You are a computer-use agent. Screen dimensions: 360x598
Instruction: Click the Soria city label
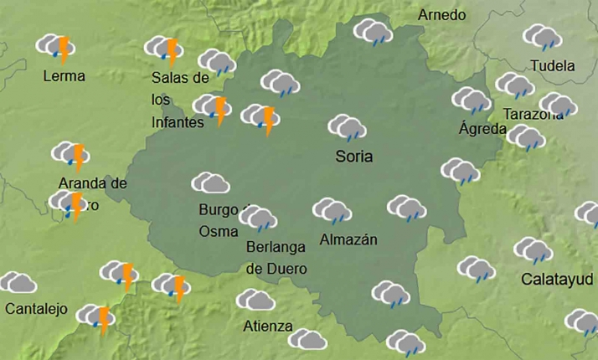point(353,157)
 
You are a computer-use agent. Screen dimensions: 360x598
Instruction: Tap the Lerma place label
point(64,76)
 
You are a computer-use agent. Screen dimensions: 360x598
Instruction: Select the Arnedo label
point(441,15)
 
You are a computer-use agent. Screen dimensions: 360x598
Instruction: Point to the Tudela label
point(553,66)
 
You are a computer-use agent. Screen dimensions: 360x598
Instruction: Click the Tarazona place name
point(534,115)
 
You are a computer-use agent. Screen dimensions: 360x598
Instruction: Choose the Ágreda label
point(483,129)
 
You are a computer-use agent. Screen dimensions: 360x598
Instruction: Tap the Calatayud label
point(557,279)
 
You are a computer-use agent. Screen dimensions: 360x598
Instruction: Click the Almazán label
point(348,240)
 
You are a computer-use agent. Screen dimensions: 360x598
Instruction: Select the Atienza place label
point(268,327)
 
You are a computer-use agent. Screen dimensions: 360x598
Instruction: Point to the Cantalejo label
point(36,309)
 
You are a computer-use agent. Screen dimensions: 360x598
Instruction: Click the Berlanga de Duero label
point(276,258)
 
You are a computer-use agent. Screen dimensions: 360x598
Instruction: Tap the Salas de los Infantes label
point(179,100)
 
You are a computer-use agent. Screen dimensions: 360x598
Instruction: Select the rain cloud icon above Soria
point(347,127)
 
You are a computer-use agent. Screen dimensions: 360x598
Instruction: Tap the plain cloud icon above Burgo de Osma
point(211,183)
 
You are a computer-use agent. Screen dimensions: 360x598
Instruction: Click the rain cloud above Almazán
point(333,211)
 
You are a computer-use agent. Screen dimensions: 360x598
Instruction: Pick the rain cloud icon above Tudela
point(542,37)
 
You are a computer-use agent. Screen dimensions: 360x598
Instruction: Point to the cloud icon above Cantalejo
point(18,282)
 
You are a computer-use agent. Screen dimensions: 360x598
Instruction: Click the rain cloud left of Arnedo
point(374,32)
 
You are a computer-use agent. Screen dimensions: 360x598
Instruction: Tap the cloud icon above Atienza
point(255,300)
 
